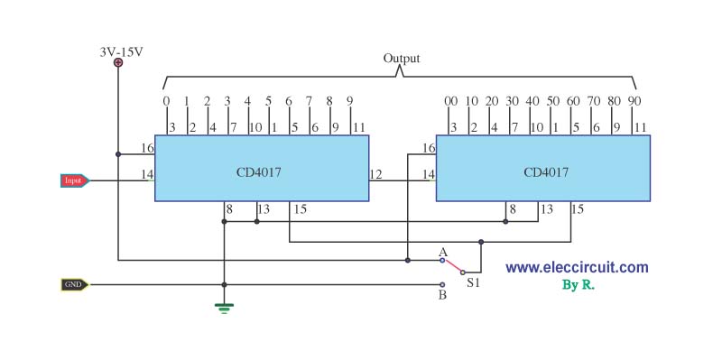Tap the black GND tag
point(75,284)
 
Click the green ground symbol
point(224,308)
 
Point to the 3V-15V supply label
point(122,52)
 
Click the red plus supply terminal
point(118,62)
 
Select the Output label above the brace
point(402,59)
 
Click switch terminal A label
point(443,252)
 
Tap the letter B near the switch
point(442,295)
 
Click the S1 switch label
point(473,283)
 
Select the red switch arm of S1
point(453,266)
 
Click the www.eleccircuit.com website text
point(577,267)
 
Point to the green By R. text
point(579,285)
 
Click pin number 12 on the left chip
point(375,174)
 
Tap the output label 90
point(634,101)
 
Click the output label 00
point(450,101)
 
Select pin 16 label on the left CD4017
point(147,148)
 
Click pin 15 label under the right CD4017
point(578,209)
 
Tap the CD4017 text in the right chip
point(546,172)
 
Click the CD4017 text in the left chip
point(259,172)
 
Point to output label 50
point(553,101)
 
